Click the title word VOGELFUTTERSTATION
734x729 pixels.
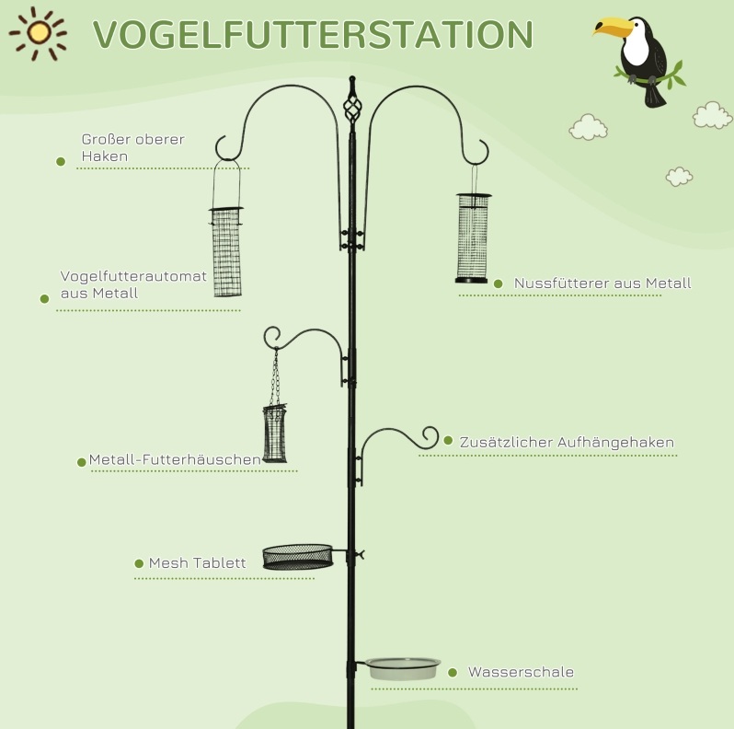tap(313, 35)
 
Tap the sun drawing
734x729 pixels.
tap(39, 33)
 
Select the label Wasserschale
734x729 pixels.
tap(521, 672)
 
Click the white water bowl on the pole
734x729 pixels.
tap(403, 668)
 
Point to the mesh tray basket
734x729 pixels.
tap(298, 557)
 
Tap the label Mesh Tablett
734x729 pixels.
tap(197, 562)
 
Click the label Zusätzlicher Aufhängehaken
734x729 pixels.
tap(567, 442)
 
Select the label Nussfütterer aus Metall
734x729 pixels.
tap(602, 283)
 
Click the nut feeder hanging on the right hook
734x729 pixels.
tap(474, 238)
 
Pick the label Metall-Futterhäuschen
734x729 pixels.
tap(175, 459)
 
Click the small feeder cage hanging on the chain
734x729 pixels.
tap(275, 433)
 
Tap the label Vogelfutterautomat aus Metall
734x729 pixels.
tap(133, 284)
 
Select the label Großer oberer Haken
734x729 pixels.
tap(133, 147)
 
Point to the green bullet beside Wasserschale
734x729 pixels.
tap(453, 673)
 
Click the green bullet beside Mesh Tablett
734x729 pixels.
tap(139, 563)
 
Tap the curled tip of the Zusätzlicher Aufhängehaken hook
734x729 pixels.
tap(430, 437)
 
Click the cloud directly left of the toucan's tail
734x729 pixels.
tap(589, 127)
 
